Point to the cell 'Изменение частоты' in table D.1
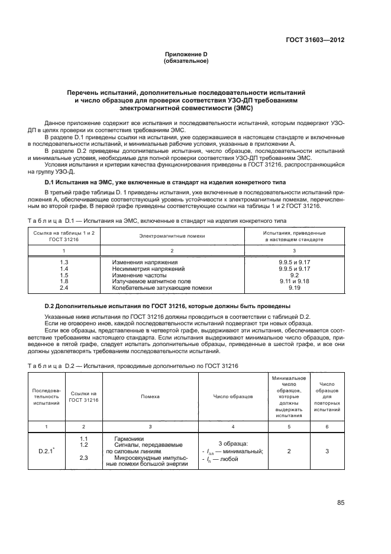pyautogui.click(x=137, y=275)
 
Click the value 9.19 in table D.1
pyautogui.click(x=295, y=287)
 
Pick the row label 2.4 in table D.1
pyautogui.click(x=64, y=287)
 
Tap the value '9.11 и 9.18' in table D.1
pyautogui.click(x=295, y=281)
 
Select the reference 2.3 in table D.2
pyautogui.click(x=83, y=457)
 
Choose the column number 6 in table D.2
pyautogui.click(x=327, y=427)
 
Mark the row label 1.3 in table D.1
pyautogui.click(x=64, y=262)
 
